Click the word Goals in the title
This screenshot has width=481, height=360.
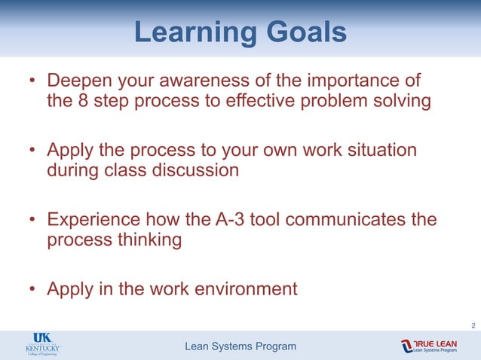tap(305, 32)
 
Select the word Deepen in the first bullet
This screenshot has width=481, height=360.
tap(78, 81)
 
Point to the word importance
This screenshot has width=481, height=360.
tap(354, 81)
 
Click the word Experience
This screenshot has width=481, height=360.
tap(93, 220)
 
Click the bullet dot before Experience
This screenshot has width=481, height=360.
tap(32, 221)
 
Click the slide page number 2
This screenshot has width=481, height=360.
tap(473, 325)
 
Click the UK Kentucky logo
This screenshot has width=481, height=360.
tap(42, 346)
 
